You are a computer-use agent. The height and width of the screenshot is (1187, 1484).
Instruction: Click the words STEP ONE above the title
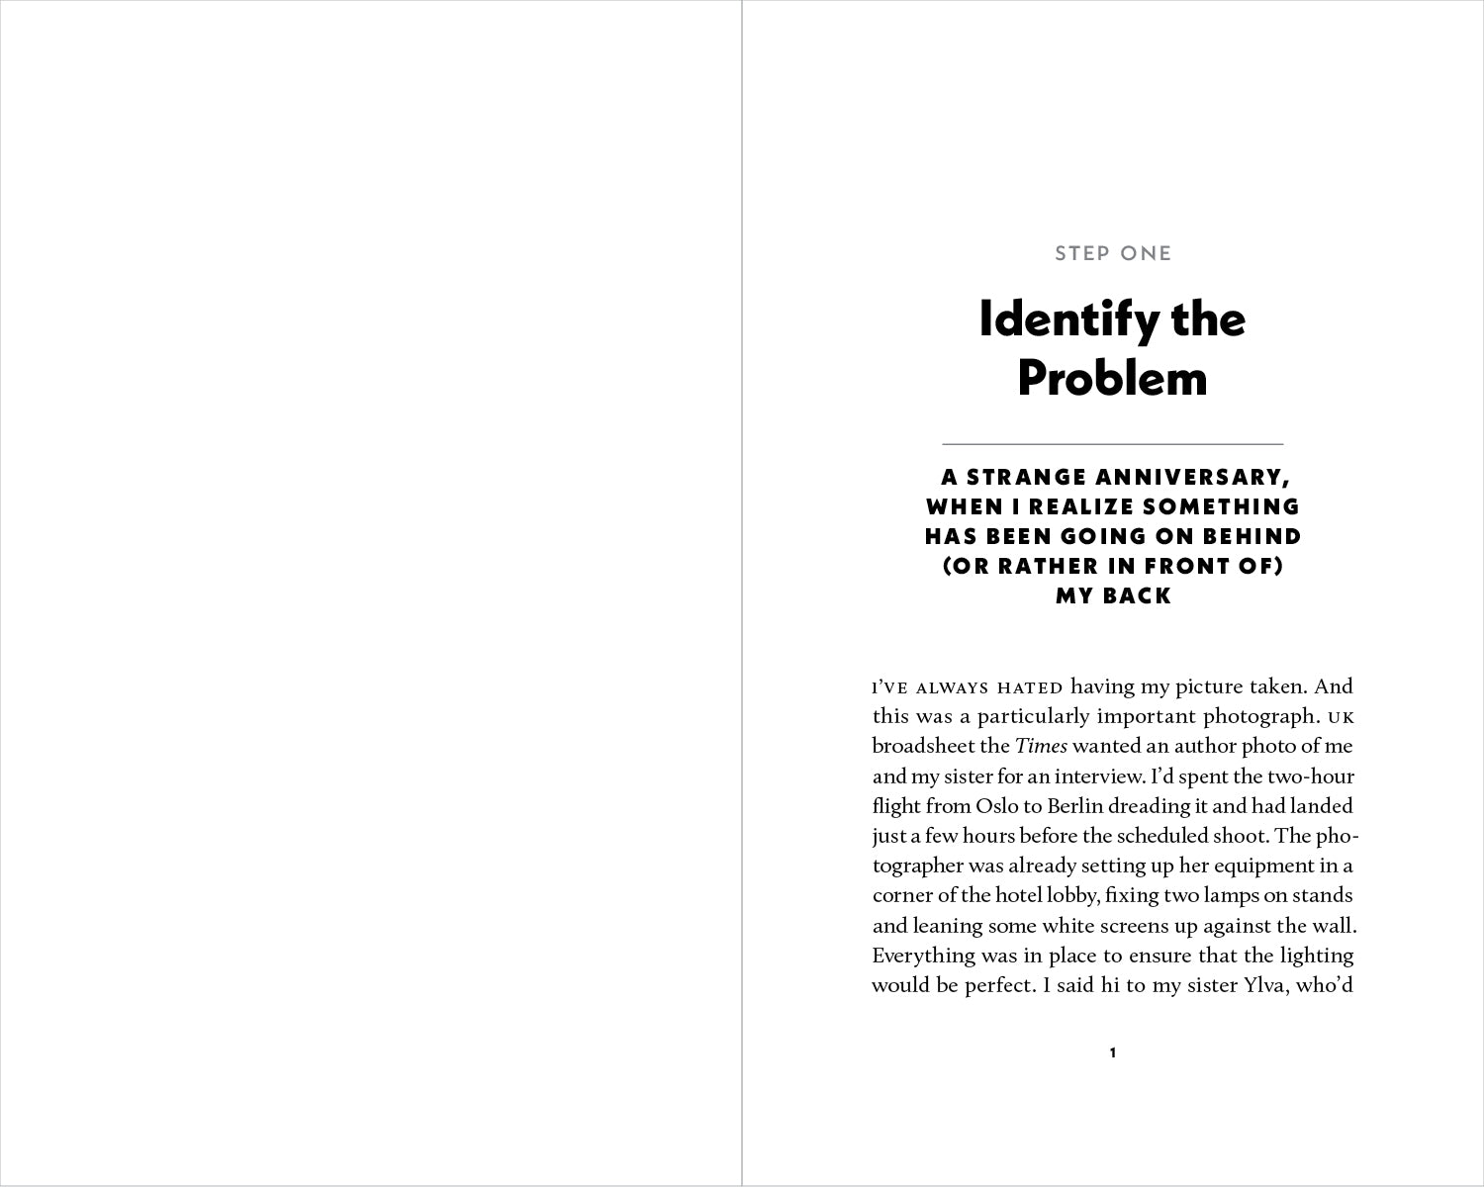(1113, 253)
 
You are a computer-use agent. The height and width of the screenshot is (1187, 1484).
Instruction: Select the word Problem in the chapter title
(1113, 378)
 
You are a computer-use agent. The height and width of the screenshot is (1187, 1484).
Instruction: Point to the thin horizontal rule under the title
(1113, 444)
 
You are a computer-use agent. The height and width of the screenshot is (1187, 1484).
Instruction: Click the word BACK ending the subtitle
(1139, 595)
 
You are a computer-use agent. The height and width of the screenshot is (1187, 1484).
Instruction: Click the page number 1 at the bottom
(1113, 1052)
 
